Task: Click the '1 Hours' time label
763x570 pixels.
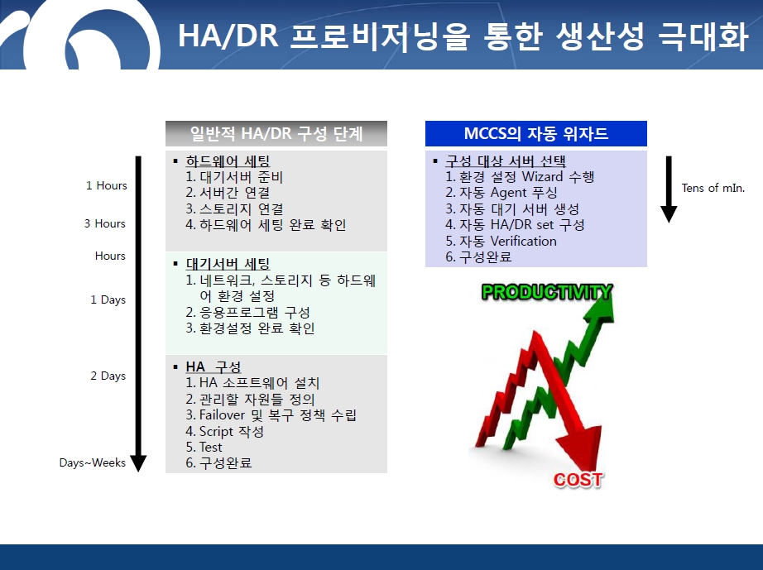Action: click(106, 185)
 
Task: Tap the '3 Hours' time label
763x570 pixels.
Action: click(104, 223)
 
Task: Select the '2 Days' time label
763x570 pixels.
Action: click(108, 376)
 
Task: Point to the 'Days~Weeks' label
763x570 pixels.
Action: click(93, 462)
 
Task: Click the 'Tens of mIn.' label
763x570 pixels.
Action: click(713, 188)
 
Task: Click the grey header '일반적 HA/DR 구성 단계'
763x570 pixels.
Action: click(276, 133)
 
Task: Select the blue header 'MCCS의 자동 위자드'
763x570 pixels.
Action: click(535, 133)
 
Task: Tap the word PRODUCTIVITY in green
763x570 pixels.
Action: click(546, 292)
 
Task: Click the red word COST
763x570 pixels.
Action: click(578, 480)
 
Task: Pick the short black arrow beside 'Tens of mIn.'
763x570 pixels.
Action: click(669, 189)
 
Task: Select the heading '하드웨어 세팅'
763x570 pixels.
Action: click(228, 161)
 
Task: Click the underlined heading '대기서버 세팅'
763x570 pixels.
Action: click(228, 264)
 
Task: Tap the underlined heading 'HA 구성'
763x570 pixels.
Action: click(214, 366)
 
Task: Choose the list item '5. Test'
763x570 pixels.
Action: click(204, 447)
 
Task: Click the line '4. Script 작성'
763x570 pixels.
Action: click(225, 431)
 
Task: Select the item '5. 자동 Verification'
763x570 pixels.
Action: click(501, 241)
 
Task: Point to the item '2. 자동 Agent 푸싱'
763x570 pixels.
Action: click(501, 193)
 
